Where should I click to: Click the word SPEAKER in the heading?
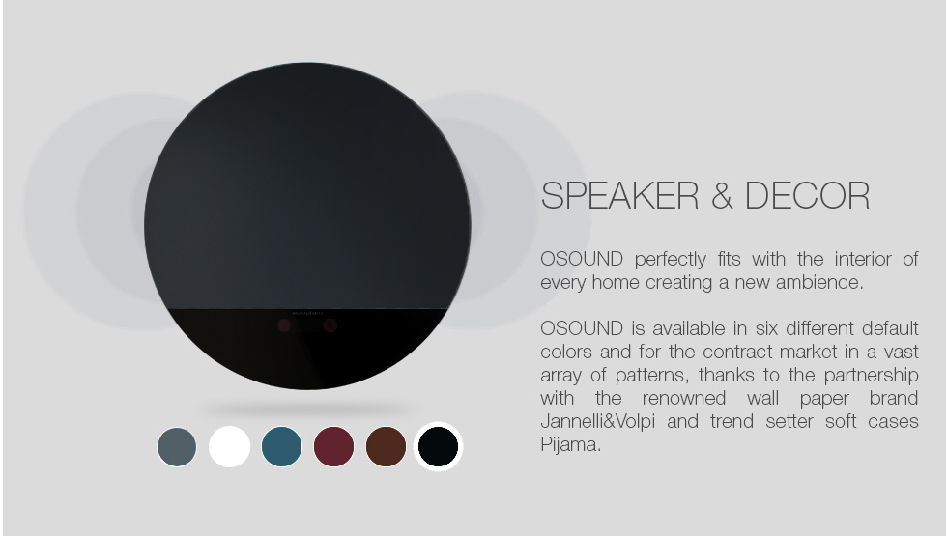(x=619, y=195)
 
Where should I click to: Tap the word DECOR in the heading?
(x=808, y=195)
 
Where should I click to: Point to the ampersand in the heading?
(x=722, y=195)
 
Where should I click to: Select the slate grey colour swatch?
(x=177, y=447)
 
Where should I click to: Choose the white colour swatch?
(x=230, y=446)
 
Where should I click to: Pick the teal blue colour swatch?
(x=281, y=446)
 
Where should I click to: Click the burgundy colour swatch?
(x=334, y=446)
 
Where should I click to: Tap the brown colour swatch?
(x=386, y=446)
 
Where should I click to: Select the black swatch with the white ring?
(x=438, y=446)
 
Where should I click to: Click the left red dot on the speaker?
(x=284, y=326)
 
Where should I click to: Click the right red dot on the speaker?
(x=330, y=326)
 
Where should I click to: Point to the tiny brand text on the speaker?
(x=307, y=313)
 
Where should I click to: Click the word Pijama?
(x=570, y=445)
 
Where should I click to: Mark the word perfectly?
(x=671, y=260)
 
